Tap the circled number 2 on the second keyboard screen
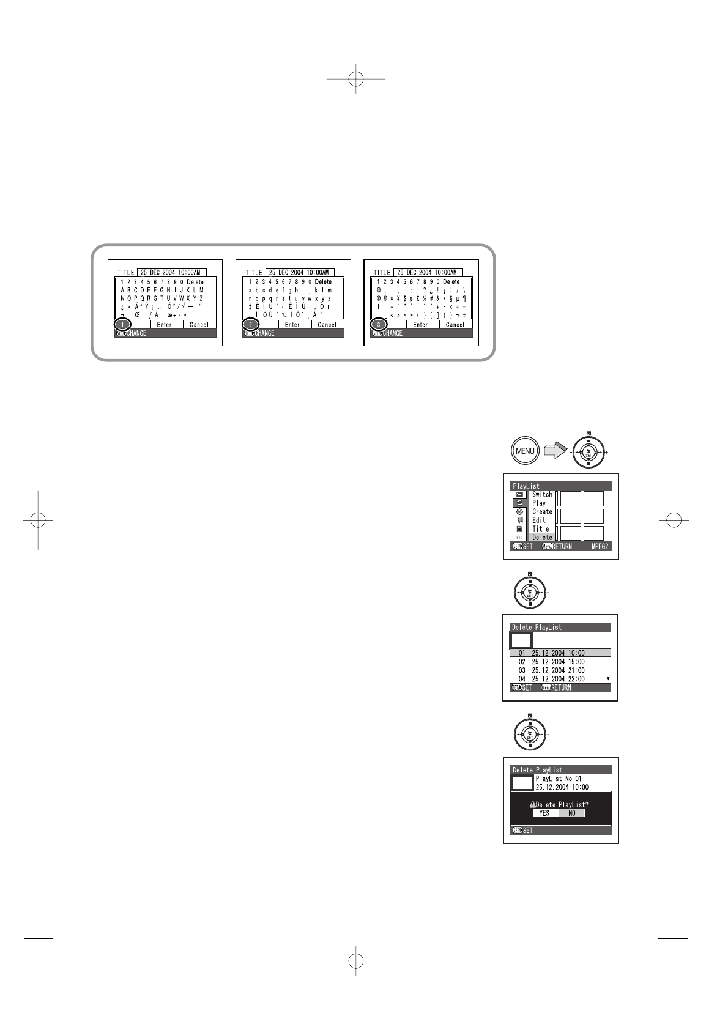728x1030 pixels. click(x=251, y=325)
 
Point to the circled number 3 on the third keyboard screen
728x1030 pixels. click(x=379, y=325)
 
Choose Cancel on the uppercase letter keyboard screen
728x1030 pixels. click(x=199, y=325)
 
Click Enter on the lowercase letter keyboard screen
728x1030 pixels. click(x=292, y=325)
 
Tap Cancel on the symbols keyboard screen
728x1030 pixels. click(x=455, y=325)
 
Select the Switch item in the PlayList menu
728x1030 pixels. click(x=542, y=494)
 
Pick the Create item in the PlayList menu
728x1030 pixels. click(x=542, y=511)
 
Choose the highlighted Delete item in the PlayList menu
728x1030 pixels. click(x=542, y=538)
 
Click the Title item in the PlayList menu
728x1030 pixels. click(x=541, y=528)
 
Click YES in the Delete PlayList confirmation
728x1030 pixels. click(x=544, y=813)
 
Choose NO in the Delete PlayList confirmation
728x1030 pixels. click(x=572, y=813)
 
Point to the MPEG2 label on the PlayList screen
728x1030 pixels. click(x=601, y=546)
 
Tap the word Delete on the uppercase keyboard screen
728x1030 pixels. click(x=195, y=282)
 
